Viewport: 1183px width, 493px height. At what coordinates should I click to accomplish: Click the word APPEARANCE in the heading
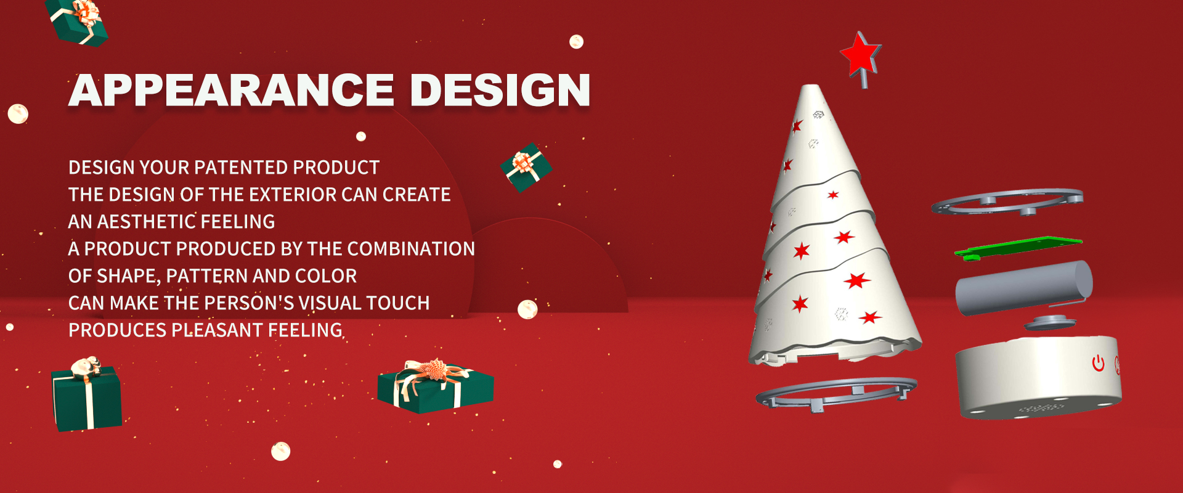tap(231, 91)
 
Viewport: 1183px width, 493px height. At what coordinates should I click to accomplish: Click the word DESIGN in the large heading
tap(500, 91)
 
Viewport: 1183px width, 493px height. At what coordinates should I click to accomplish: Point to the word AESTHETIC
tap(146, 222)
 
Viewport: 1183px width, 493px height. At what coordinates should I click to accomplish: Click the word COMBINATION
tap(411, 249)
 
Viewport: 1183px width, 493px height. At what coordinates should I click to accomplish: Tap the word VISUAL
tap(338, 303)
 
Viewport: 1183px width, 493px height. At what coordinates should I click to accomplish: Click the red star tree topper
tap(861, 55)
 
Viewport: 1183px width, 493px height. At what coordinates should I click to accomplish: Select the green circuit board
tap(1018, 248)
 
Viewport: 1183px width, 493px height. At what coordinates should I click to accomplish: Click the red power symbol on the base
tap(1098, 363)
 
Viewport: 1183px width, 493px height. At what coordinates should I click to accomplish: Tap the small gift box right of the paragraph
tap(526, 168)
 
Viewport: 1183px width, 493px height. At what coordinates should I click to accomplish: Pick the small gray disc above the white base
tap(1050, 323)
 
